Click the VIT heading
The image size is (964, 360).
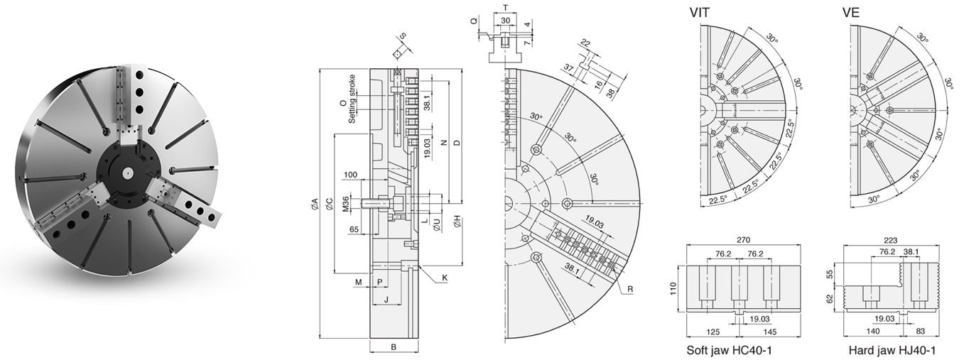pos(703,12)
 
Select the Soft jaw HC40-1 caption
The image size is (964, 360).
pos(730,351)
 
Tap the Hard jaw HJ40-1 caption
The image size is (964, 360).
pos(892,351)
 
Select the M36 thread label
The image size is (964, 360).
pos(346,203)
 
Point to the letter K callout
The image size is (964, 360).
pos(444,278)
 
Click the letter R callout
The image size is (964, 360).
pos(629,289)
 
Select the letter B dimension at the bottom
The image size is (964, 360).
pos(394,347)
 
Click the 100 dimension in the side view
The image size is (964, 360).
pos(350,175)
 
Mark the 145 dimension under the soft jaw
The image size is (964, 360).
pos(771,332)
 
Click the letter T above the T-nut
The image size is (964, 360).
pos(505,7)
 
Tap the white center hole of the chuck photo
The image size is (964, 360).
pos(126,171)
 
